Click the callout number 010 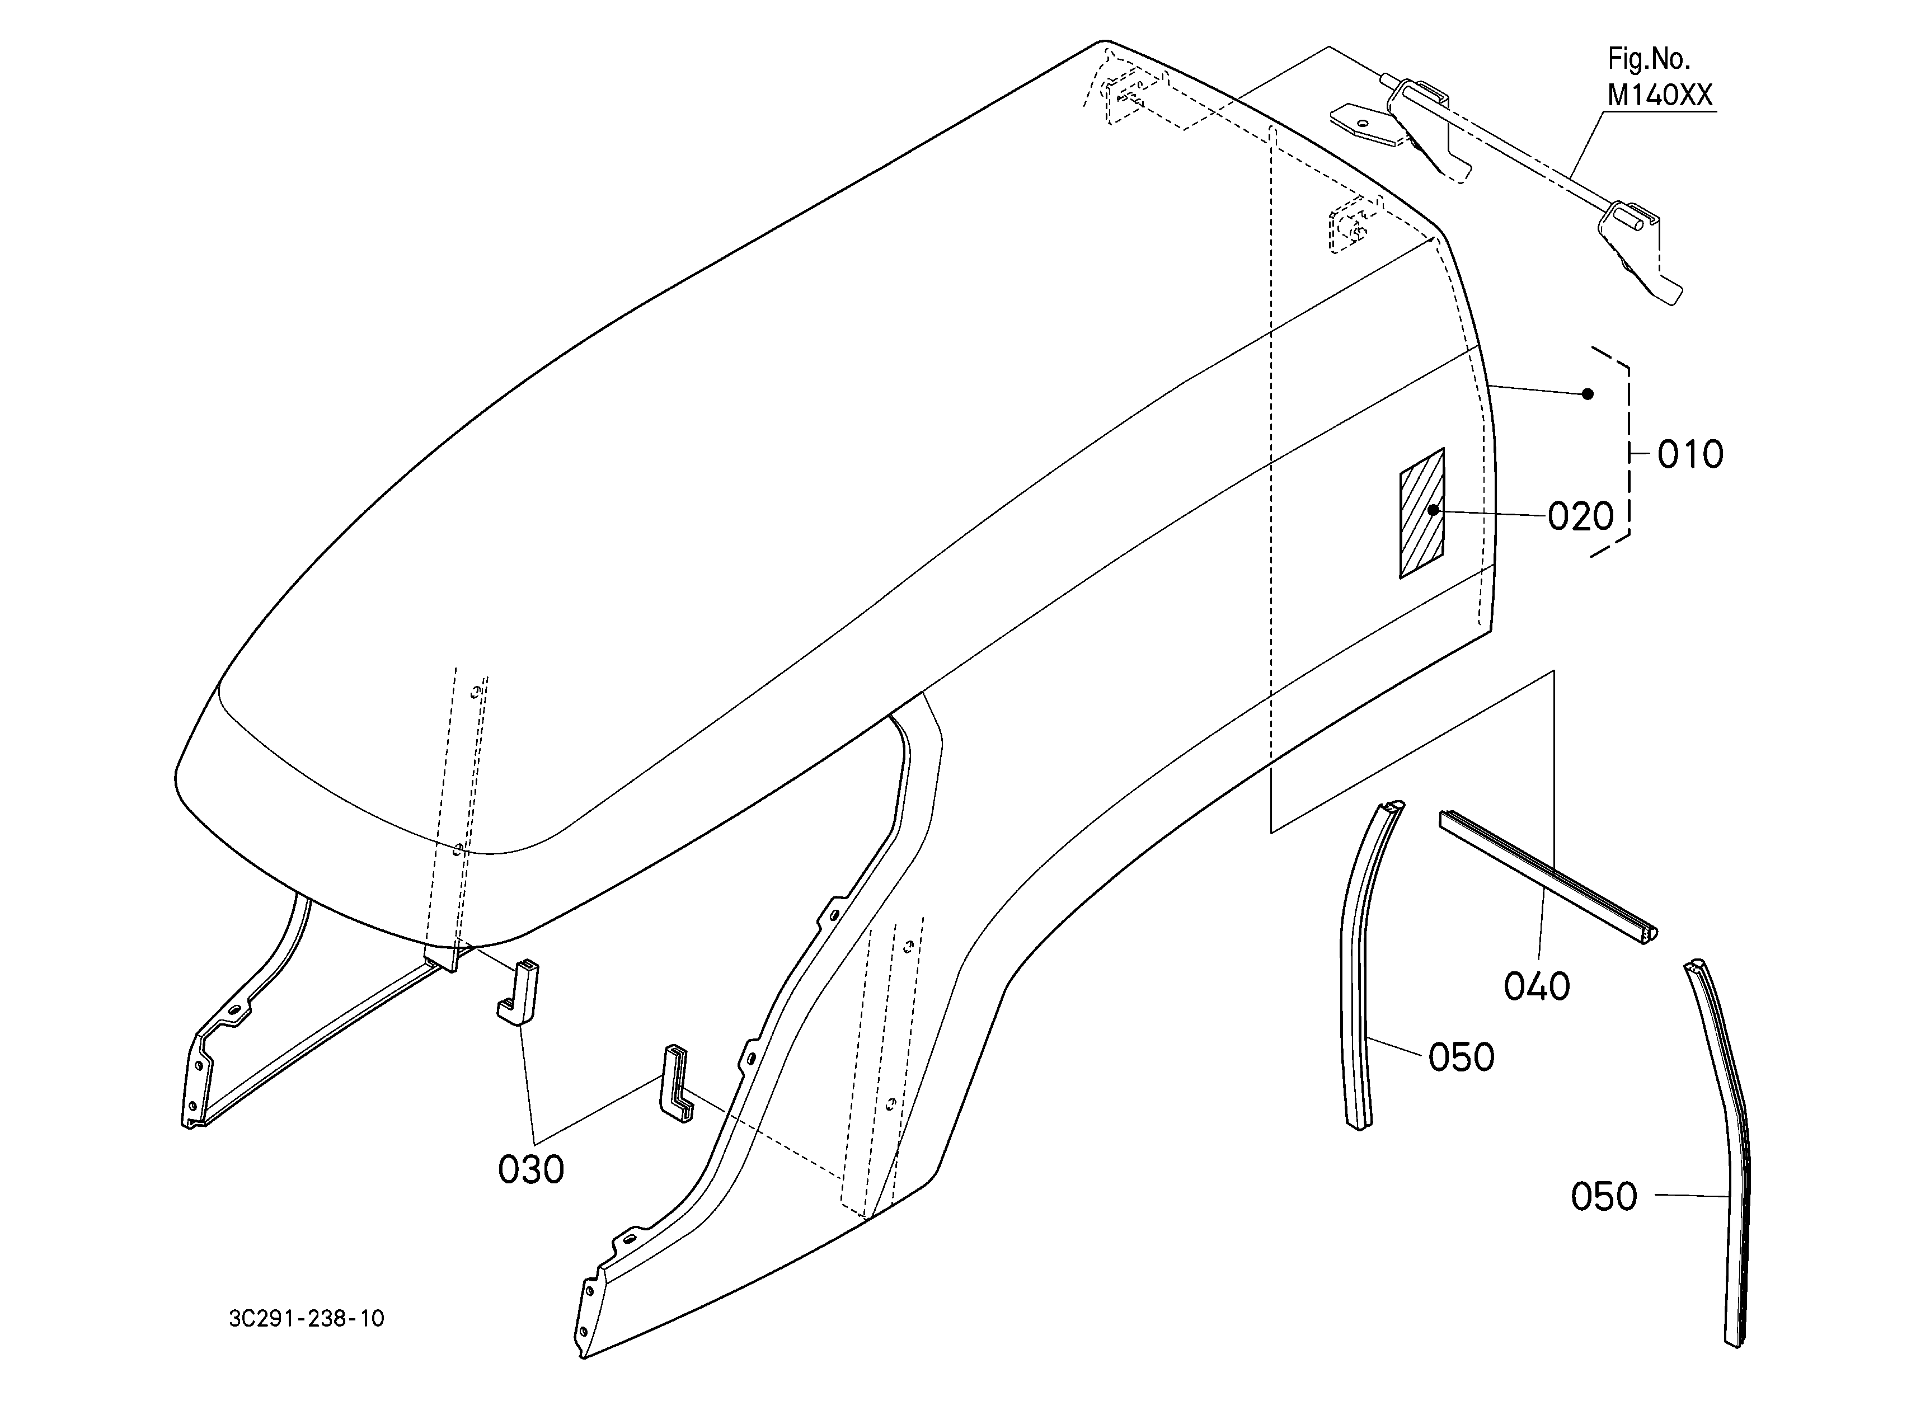click(x=1690, y=454)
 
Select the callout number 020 click(x=1580, y=516)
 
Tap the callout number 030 click(x=531, y=1169)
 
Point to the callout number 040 click(x=1537, y=987)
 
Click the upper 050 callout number click(x=1461, y=1057)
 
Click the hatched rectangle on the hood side click(x=1422, y=513)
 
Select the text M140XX click(x=1659, y=96)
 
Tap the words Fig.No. click(x=1649, y=59)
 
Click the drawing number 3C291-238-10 click(x=306, y=1319)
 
